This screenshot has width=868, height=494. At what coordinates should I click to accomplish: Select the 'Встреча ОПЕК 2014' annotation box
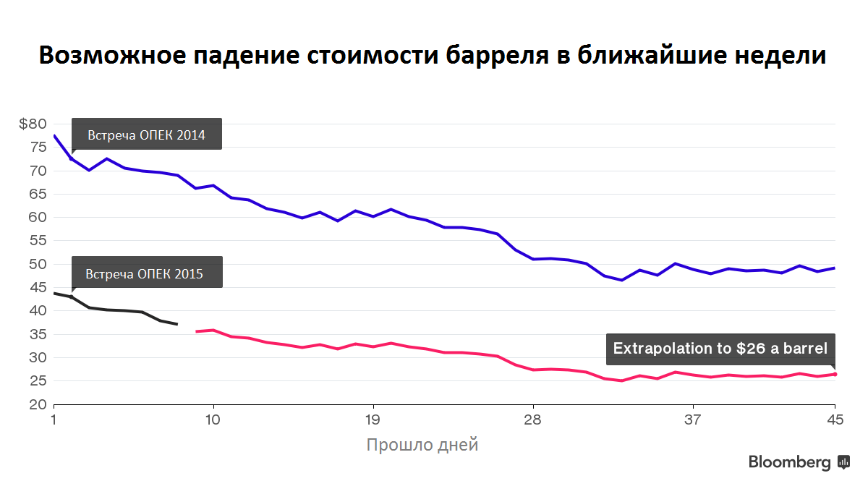tap(147, 135)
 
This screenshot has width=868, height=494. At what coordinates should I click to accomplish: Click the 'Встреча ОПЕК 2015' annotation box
tap(147, 273)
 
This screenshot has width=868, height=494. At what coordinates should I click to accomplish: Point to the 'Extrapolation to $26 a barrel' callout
tap(720, 349)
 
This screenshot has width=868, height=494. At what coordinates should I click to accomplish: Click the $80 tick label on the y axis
tap(33, 124)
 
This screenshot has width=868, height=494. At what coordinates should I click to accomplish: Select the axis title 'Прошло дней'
tap(422, 445)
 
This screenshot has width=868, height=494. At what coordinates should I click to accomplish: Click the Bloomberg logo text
tap(789, 463)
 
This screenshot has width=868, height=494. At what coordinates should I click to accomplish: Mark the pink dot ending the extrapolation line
tap(835, 374)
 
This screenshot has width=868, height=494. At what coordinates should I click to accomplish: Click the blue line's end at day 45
tap(835, 268)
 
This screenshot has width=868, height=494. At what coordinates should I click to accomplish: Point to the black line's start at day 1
tap(55, 293)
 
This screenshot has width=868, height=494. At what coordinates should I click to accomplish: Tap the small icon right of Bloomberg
tap(843, 462)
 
